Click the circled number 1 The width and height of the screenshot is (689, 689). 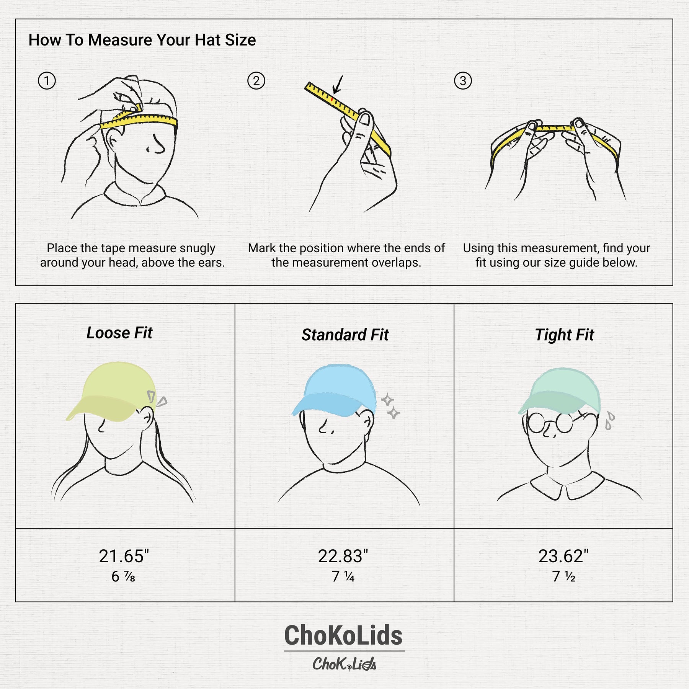47,81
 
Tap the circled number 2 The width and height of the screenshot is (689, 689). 256,81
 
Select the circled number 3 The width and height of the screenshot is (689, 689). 463,81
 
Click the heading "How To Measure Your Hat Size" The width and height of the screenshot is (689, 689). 142,40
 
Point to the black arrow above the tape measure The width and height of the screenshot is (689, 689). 338,84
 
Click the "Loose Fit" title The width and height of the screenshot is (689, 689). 119,333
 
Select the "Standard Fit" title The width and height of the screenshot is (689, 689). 345,335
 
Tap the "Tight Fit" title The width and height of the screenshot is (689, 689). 564,335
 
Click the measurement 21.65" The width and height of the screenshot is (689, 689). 124,556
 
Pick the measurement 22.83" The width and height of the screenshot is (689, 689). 343,556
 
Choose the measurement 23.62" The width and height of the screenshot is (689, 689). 563,556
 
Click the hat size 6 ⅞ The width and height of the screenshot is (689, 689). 123,576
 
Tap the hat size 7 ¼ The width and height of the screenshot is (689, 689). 343,576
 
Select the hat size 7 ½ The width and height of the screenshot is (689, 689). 563,576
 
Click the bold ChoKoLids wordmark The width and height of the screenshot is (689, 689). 343,635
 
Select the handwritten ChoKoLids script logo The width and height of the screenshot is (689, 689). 344,664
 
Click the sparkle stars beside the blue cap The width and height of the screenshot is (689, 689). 390,406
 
